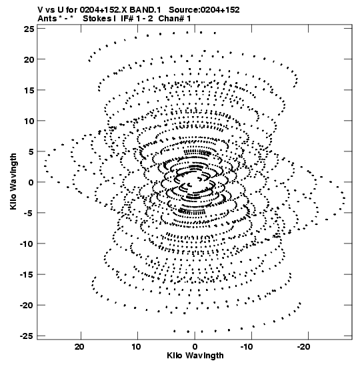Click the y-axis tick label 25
coord(29,29)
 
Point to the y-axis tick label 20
coord(29,59)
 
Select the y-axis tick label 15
coord(29,90)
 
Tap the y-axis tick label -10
coord(27,244)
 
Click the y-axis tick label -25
coord(27,336)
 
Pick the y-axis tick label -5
coord(29,213)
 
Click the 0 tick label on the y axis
coord(31,183)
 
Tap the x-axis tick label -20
coord(304,347)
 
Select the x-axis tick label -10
coord(247,347)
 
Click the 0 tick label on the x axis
coord(195,347)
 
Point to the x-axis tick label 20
coord(79,347)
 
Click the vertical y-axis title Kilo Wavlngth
coord(13,181)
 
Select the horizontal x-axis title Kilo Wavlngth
coord(195,356)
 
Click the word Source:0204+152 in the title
coord(204,10)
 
